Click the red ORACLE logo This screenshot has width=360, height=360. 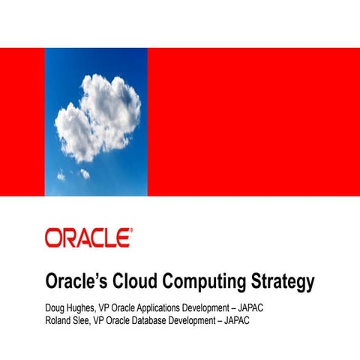coord(88,238)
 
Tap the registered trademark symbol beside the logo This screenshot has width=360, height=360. coord(132,231)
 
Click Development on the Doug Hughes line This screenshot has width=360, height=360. coord(213,309)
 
